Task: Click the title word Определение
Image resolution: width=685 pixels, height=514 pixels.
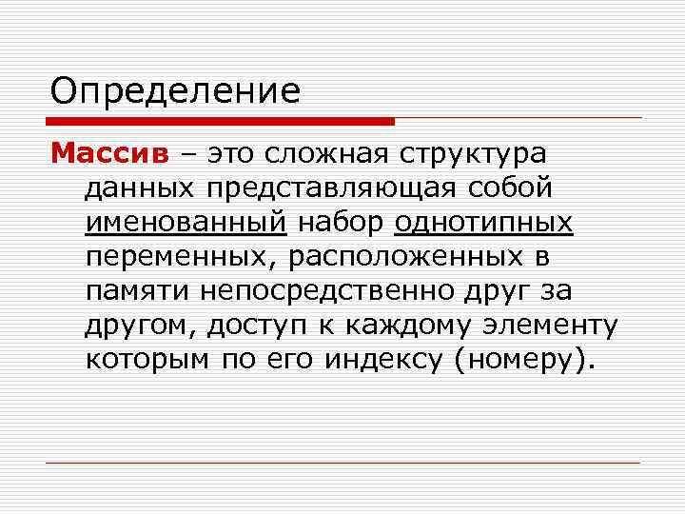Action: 175,92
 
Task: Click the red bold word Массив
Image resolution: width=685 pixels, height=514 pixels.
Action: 109,152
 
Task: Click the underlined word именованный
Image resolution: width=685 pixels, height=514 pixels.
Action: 185,224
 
